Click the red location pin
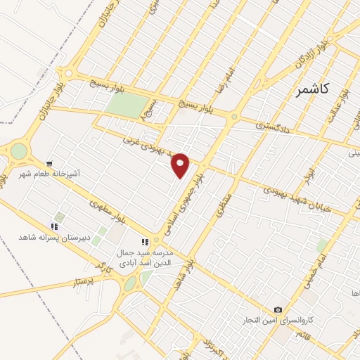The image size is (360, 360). pos(181,165)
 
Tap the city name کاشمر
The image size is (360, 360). pos(314,92)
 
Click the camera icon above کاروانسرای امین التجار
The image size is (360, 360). pos(278,310)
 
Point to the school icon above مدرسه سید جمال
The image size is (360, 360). pos(145,243)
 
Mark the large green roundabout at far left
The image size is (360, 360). pos(18,150)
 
